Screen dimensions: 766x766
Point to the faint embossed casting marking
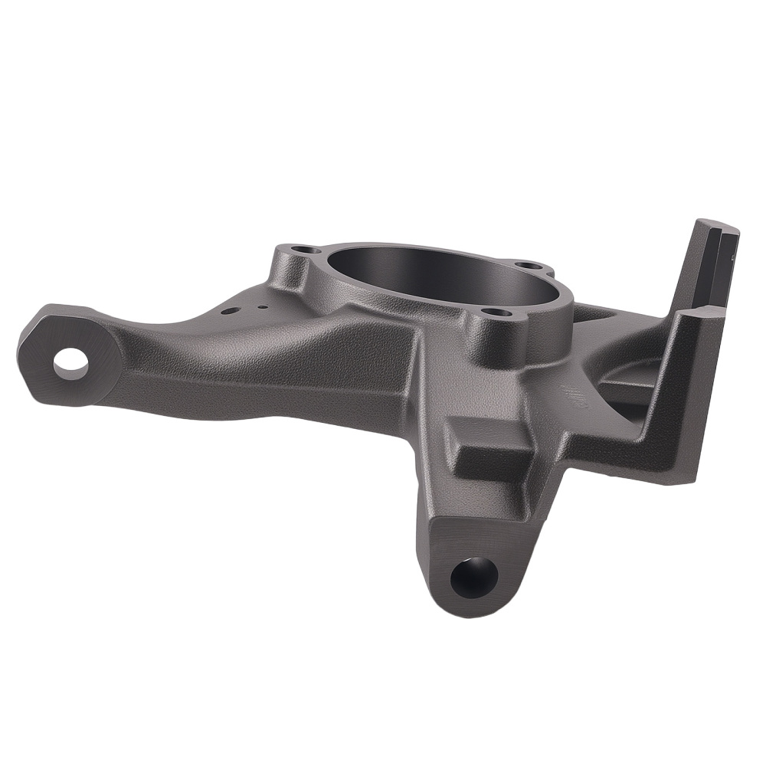(571, 394)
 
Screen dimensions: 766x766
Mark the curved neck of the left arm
(222, 345)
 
